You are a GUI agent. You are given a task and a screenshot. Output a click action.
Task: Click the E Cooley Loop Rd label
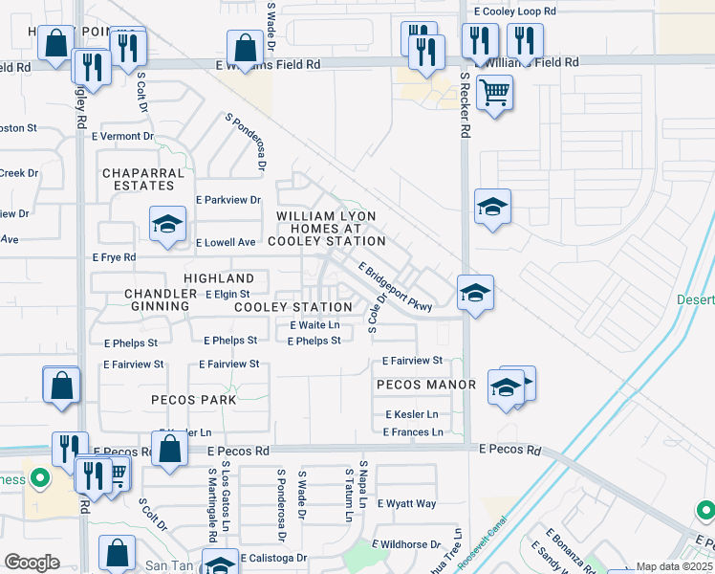[x=514, y=11]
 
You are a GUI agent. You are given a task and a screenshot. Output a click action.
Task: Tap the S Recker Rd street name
[x=465, y=105]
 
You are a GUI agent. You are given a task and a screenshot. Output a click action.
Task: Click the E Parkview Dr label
[x=227, y=200]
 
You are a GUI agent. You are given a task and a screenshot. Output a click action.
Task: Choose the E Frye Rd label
[x=115, y=258]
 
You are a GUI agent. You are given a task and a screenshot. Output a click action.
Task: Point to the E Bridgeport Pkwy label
[x=396, y=287]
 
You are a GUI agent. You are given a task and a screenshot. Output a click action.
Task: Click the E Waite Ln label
[x=314, y=325]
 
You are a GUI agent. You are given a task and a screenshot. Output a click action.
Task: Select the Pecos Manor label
[x=426, y=385]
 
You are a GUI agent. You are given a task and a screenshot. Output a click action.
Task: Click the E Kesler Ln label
[x=412, y=414]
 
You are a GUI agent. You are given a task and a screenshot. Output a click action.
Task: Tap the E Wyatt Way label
[x=407, y=503]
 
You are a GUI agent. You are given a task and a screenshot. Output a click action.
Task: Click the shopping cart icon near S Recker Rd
[x=494, y=94]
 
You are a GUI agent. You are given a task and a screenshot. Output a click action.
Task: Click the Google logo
[x=32, y=563]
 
